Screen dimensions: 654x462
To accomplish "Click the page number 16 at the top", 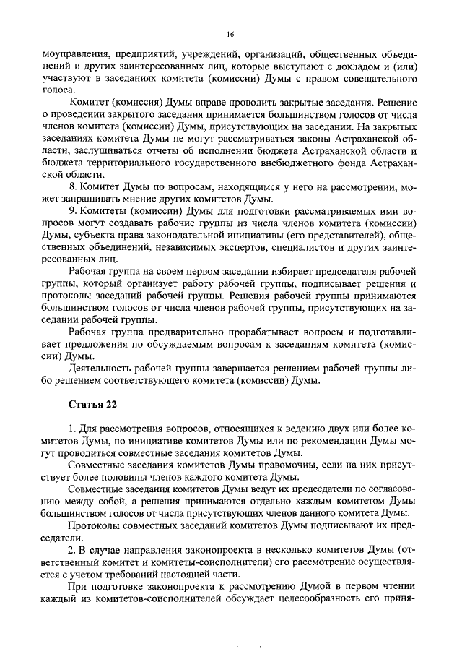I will [x=230, y=34].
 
